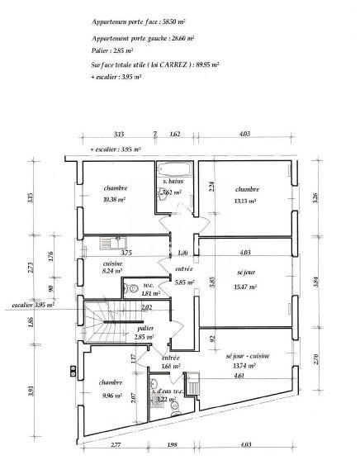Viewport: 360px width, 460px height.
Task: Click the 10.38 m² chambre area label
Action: pos(113,199)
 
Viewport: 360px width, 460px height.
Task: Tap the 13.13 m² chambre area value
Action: pos(244,199)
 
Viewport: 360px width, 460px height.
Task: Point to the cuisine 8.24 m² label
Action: pos(112,270)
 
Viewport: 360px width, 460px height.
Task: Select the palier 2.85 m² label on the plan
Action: pos(145,337)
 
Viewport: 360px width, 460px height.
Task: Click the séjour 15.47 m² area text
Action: pos(245,287)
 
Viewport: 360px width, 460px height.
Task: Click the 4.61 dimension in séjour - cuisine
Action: pos(239,375)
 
